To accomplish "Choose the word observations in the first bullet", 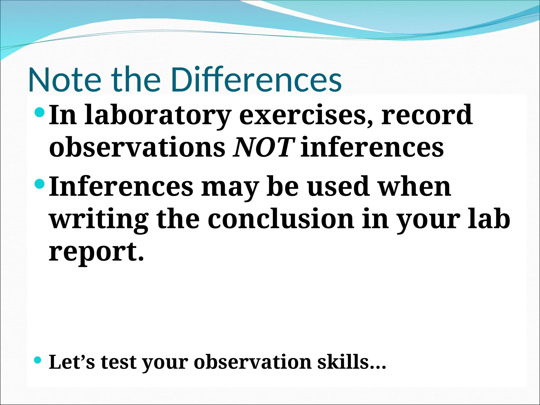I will tap(137, 147).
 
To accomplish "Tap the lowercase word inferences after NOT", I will tap(372, 147).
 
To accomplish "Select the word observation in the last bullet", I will tap(253, 362).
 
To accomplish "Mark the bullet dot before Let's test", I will tap(38, 360).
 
